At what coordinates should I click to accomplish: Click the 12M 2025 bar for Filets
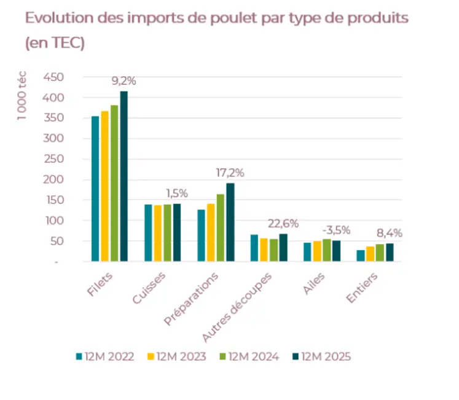[x=124, y=177]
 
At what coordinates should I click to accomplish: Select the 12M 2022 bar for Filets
[x=95, y=189]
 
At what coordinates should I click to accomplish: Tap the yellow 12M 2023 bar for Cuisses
[x=158, y=234]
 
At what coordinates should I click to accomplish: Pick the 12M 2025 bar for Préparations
[x=230, y=222]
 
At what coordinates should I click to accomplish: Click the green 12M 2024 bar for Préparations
[x=221, y=228]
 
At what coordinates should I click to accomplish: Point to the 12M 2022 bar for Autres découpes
[x=254, y=248]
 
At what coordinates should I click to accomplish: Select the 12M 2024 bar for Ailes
[x=327, y=250]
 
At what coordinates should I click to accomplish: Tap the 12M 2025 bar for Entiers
[x=390, y=252]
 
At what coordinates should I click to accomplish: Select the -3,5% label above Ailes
[x=336, y=230]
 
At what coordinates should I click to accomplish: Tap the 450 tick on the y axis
[x=53, y=77]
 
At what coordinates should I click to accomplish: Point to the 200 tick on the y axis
[x=53, y=180]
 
